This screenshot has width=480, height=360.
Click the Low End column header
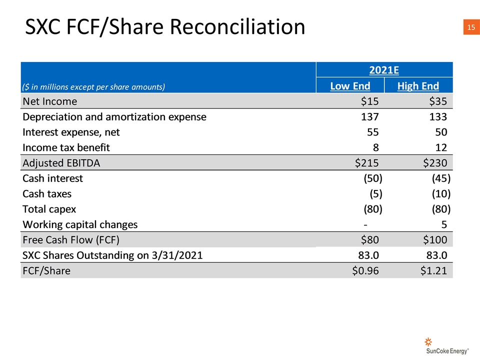pyautogui.click(x=350, y=86)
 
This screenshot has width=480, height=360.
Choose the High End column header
pyautogui.click(x=418, y=86)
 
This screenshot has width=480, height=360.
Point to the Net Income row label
pyautogui.click(x=50, y=101)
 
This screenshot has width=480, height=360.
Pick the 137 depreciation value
pyautogui.click(x=369, y=117)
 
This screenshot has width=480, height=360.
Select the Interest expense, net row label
pyautogui.click(x=71, y=132)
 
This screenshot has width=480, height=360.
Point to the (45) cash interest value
pyautogui.click(x=440, y=178)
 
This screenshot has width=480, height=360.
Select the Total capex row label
pyautogui.click(x=49, y=209)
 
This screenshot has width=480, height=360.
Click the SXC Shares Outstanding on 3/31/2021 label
pyautogui.click(x=112, y=255)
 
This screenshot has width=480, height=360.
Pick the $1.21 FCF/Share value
pyautogui.click(x=433, y=271)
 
